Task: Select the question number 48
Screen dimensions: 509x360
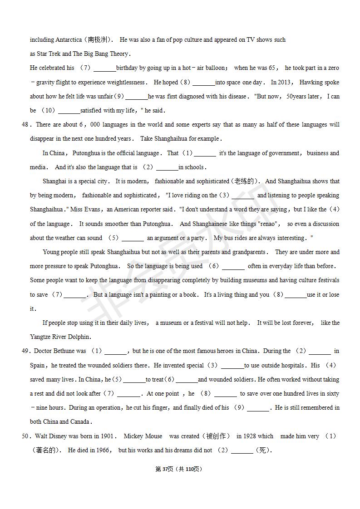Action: coord(25,124)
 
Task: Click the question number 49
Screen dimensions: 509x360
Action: coord(25,351)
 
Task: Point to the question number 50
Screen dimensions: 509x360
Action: coord(25,436)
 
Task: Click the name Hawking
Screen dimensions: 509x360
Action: coord(311,82)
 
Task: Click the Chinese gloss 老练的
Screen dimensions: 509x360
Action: coord(245,181)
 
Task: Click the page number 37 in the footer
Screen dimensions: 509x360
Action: coord(164,469)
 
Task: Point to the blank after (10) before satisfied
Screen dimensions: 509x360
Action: coord(69,110)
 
